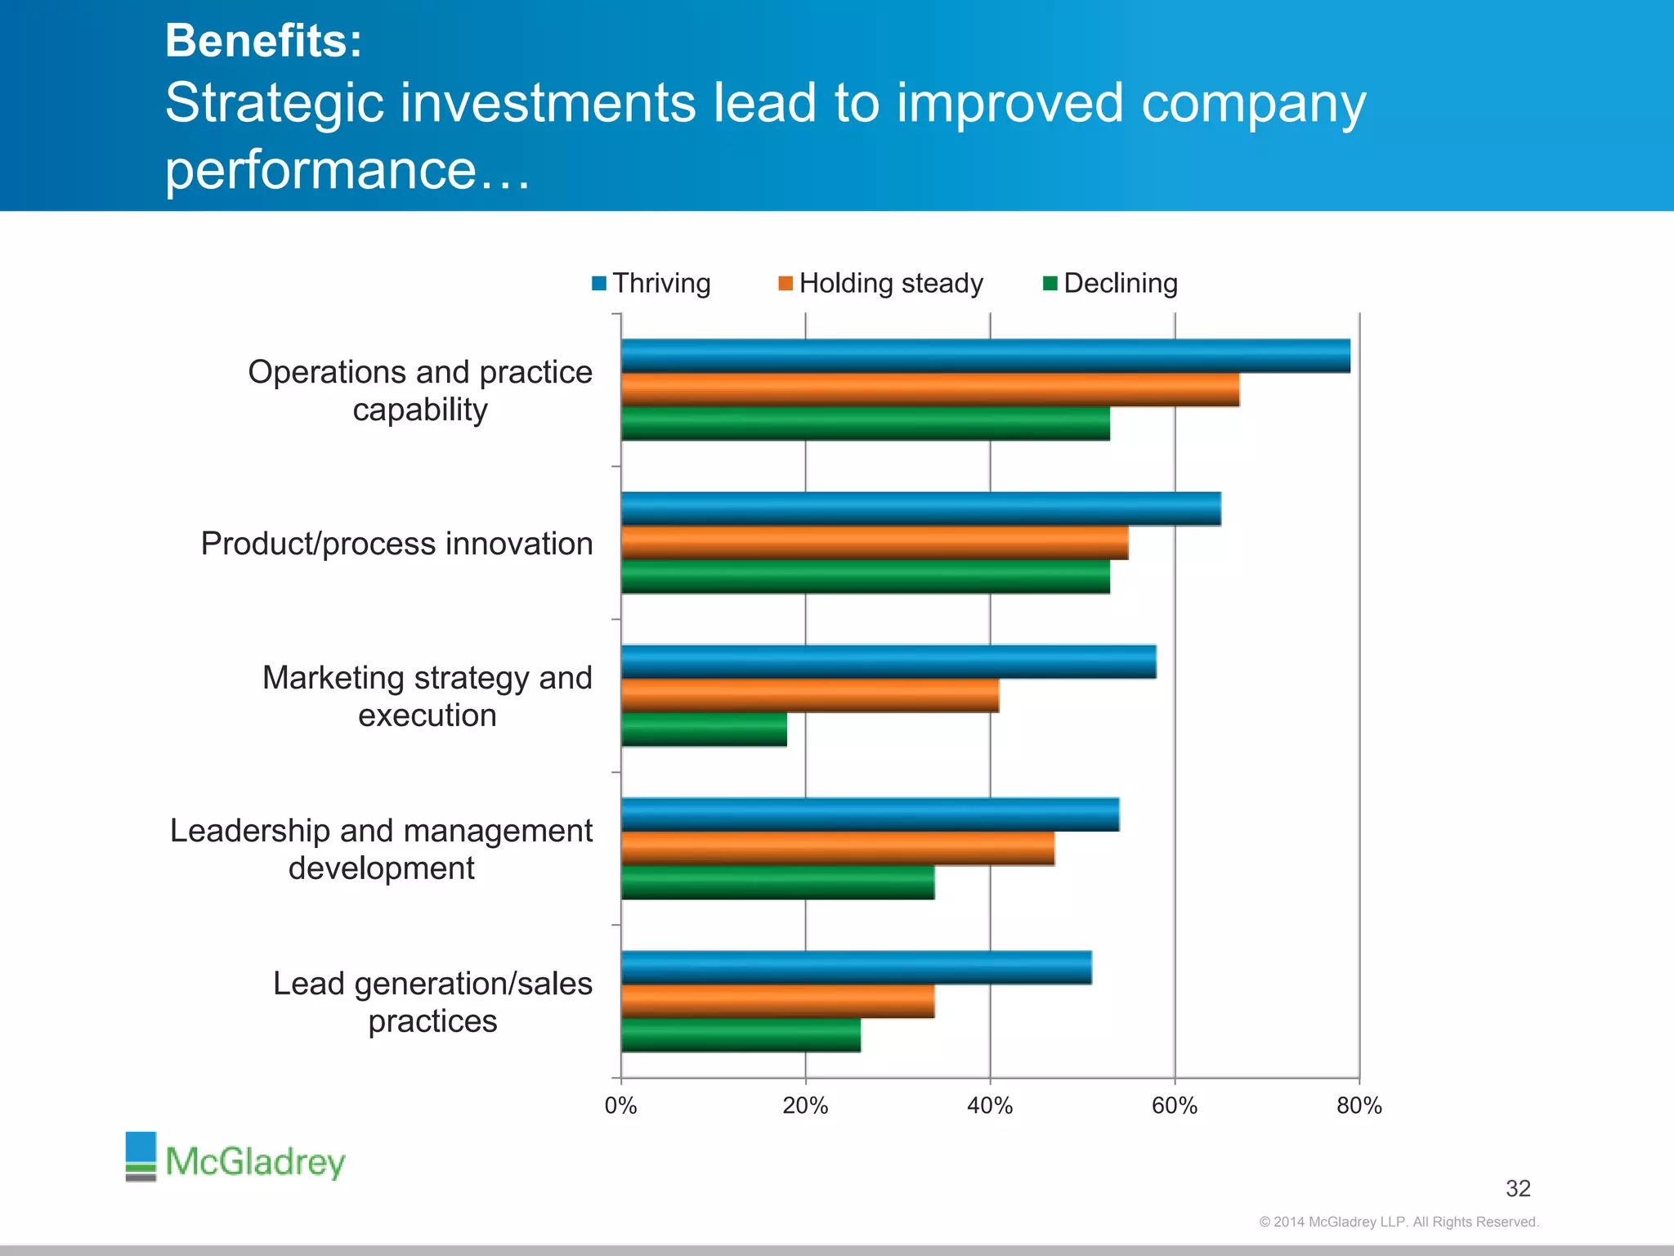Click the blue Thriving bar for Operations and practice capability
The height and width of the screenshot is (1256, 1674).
tap(985, 357)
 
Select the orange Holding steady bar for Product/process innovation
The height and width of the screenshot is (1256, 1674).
tap(875, 543)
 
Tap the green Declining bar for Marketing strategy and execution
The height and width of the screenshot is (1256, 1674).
tap(704, 729)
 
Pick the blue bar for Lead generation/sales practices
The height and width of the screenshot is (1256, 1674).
tap(856, 967)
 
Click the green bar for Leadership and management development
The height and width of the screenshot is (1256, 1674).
tap(777, 882)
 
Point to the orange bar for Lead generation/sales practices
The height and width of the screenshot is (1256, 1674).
tap(777, 1002)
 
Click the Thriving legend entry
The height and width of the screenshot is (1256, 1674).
tap(651, 284)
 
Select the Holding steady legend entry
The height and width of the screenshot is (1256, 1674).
tap(881, 284)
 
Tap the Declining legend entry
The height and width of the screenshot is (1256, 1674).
tap(1111, 284)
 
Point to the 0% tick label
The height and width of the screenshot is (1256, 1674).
tap(620, 1106)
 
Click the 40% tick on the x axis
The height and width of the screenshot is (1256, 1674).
tap(990, 1106)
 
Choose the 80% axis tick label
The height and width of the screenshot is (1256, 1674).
tap(1359, 1106)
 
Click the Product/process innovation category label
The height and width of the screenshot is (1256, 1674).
tap(396, 544)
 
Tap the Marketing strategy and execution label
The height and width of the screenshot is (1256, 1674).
tap(427, 696)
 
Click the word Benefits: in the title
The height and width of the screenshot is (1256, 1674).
tap(263, 40)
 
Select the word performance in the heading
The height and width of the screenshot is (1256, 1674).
tap(320, 169)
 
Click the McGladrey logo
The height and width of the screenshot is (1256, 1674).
tap(235, 1158)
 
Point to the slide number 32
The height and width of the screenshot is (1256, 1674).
tap(1518, 1188)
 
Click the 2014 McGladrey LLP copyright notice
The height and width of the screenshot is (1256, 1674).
tap(1399, 1222)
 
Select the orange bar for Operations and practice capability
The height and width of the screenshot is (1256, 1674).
tap(929, 390)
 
